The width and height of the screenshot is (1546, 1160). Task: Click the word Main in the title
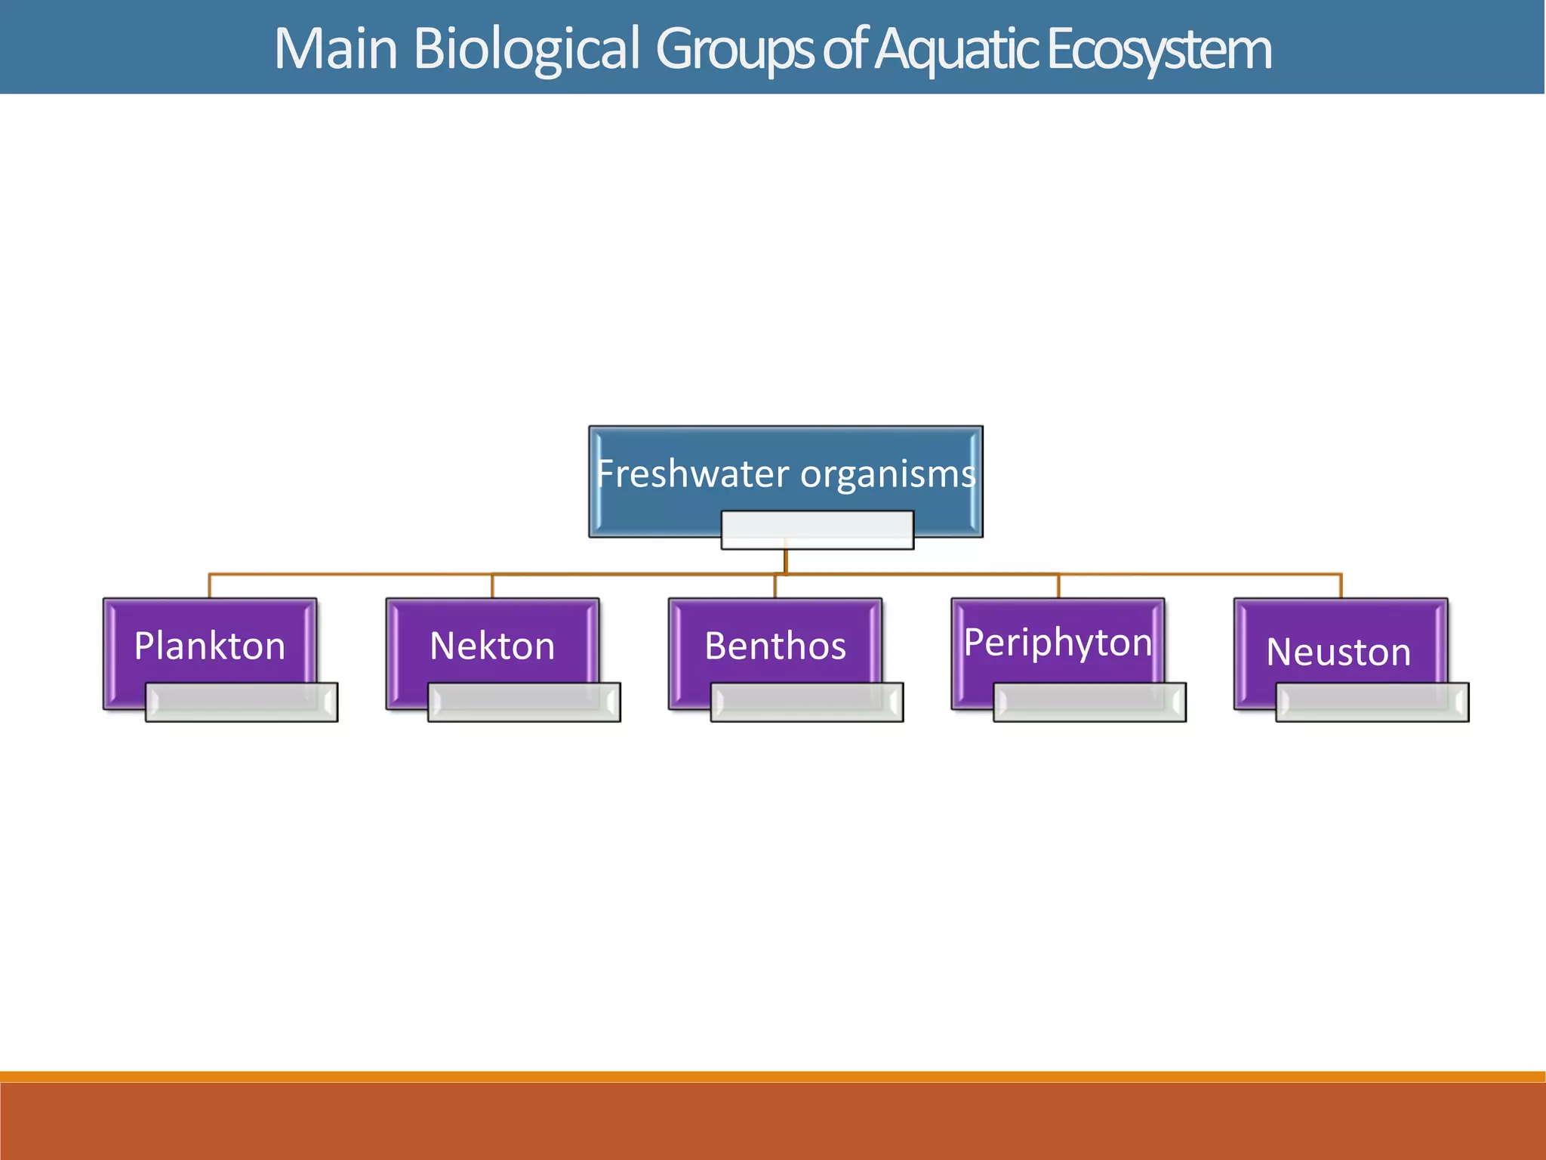pos(336,49)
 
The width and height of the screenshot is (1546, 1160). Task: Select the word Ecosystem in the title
pos(1159,49)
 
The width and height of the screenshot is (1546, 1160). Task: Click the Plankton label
pos(210,646)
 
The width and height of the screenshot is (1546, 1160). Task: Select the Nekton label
pos(492,646)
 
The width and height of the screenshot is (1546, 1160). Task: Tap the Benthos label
pos(775,646)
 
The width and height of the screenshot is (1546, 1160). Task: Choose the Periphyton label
pos(1058,643)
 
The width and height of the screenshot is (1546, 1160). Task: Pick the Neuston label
pos(1338,652)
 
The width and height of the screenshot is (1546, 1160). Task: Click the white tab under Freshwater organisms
pos(817,529)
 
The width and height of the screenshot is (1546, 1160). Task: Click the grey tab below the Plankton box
pos(242,702)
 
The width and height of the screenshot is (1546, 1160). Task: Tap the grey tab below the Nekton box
pos(524,702)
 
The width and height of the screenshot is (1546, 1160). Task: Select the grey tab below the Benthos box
pos(807,702)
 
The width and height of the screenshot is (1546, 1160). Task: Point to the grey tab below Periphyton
pos(1089,702)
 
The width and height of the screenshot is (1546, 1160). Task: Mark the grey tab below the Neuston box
pos(1372,702)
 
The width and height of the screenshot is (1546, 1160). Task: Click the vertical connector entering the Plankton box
pos(209,587)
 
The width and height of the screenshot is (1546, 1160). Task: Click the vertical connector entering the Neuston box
pos(1341,587)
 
